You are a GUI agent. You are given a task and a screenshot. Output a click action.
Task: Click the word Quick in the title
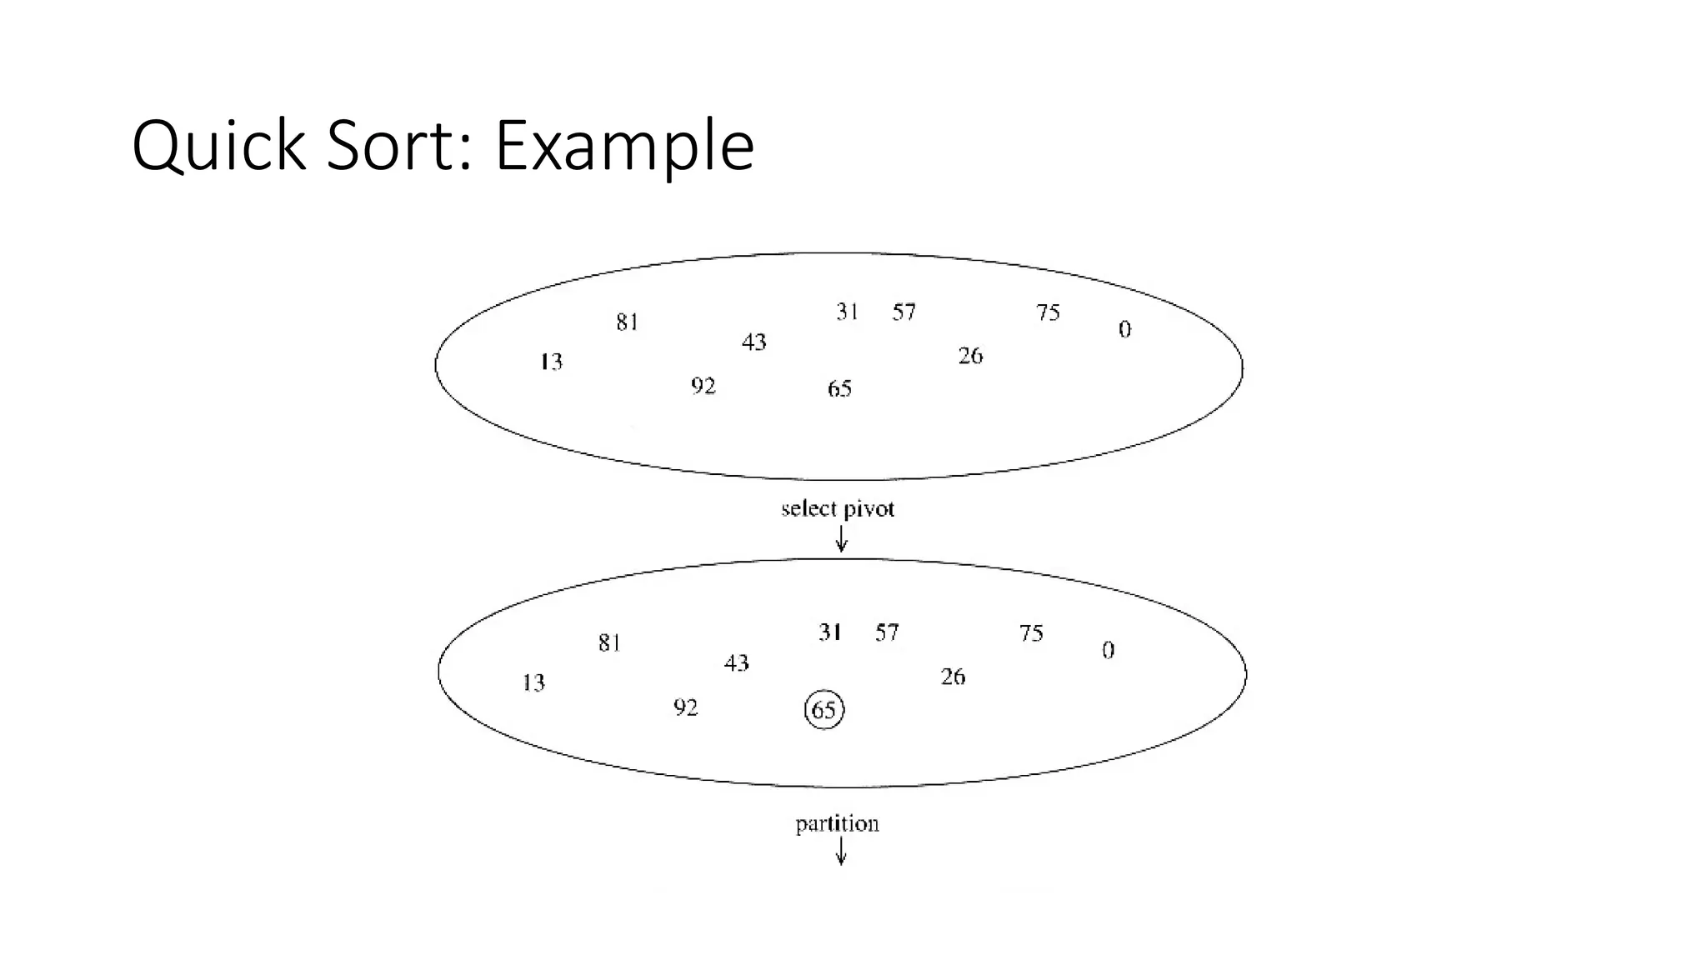point(219,146)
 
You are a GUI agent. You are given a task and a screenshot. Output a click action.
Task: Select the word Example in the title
point(624,146)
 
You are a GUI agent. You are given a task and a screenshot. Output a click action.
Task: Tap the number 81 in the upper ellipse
point(628,322)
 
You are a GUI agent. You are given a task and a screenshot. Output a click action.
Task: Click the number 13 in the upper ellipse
point(551,362)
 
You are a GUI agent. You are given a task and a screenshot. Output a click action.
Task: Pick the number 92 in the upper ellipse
point(703,387)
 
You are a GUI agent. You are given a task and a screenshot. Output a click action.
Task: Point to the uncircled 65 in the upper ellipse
point(839,389)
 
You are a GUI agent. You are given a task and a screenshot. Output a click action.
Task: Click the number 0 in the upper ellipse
point(1124,330)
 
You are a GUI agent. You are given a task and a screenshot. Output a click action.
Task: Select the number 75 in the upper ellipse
point(1048,312)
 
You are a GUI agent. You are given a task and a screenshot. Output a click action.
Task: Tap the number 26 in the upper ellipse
point(970,356)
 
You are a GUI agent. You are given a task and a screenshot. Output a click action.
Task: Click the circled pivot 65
point(824,710)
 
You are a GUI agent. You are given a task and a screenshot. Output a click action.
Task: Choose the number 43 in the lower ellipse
point(737,663)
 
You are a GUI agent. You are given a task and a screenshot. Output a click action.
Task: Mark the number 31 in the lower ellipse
point(829,632)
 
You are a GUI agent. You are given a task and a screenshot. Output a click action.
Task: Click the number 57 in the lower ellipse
point(887,632)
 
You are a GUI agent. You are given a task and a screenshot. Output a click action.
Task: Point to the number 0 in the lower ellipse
point(1108,650)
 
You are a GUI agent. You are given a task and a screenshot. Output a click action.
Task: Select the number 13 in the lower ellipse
point(533,683)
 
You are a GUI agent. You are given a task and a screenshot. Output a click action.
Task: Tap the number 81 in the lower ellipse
point(609,642)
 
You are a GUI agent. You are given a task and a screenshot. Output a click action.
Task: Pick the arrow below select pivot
point(842,540)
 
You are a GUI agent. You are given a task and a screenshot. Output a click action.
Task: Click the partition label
point(837,824)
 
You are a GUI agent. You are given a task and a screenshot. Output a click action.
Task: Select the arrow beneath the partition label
point(841,852)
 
